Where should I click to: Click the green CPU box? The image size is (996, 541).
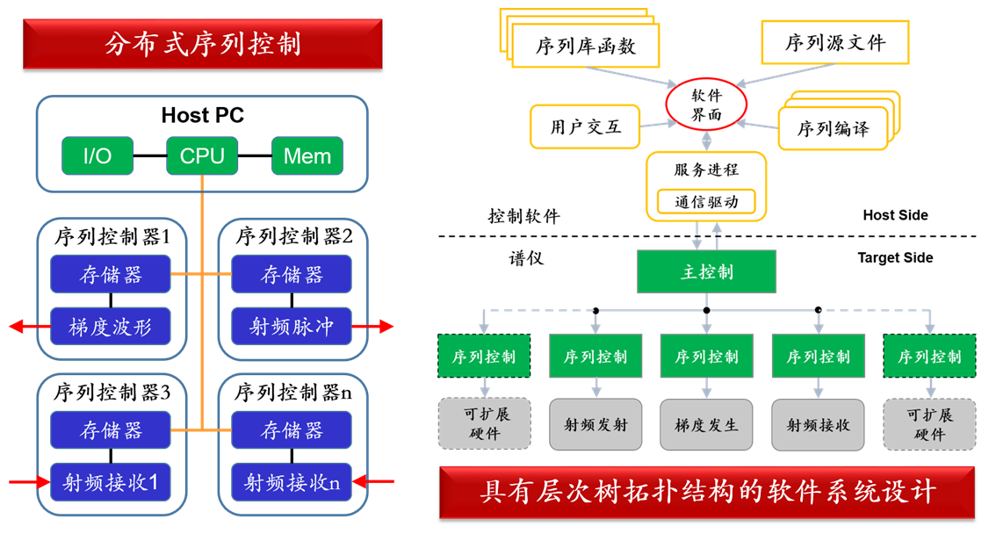[x=202, y=156]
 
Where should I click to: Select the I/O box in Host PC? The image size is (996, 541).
[x=97, y=156]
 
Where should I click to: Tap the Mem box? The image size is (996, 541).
[x=307, y=156]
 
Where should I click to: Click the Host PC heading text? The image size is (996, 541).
[x=202, y=115]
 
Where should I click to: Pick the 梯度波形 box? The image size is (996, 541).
[x=110, y=327]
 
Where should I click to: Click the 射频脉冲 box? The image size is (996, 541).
[x=292, y=327]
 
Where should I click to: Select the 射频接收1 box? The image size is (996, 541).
[x=110, y=481]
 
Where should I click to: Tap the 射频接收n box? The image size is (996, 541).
[x=292, y=481]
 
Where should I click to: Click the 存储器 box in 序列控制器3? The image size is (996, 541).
[x=110, y=430]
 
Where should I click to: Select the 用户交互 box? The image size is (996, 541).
[x=585, y=126]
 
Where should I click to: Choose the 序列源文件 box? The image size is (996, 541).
[x=834, y=42]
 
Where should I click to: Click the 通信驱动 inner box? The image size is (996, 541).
[x=706, y=202]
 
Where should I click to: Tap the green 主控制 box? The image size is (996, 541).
[x=706, y=271]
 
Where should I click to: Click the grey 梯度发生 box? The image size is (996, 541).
[x=706, y=425]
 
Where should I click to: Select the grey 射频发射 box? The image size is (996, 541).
[x=595, y=425]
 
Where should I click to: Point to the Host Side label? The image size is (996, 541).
[x=895, y=215]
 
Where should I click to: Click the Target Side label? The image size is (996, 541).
[x=895, y=258]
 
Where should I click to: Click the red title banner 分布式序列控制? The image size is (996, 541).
[x=202, y=44]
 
